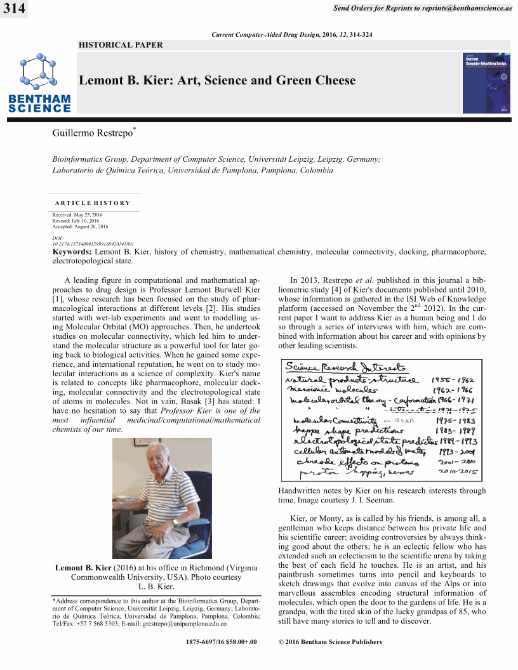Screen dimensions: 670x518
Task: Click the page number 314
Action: tap(13, 9)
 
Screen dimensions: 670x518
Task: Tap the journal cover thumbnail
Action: tap(486, 83)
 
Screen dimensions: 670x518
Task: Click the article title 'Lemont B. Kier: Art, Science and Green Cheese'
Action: tap(217, 81)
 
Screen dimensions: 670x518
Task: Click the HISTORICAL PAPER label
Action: tap(121, 45)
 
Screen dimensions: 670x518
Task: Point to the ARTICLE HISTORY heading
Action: tap(93, 203)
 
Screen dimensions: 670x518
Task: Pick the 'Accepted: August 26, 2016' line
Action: tap(81, 227)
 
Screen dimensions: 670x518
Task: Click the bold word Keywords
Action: tap(72, 252)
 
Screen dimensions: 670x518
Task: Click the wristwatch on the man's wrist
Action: tap(175, 522)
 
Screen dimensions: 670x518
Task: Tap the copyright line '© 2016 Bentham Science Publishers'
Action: tap(330, 642)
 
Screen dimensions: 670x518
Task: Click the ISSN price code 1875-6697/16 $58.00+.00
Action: tap(222, 642)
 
